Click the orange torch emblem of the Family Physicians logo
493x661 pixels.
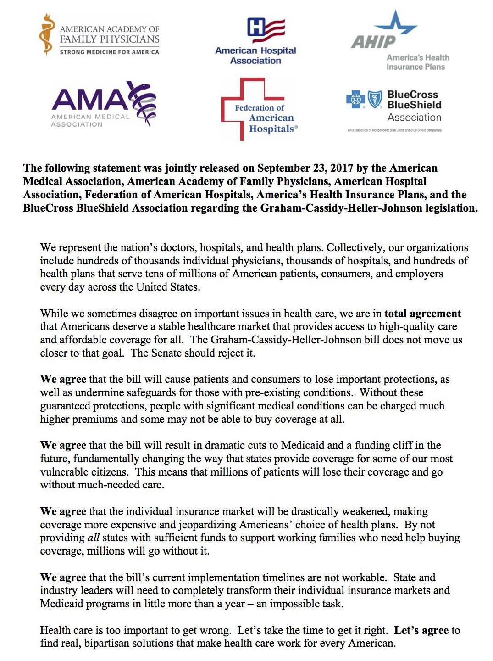46,34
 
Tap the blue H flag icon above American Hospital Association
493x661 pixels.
266,29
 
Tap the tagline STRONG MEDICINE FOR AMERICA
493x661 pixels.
109,52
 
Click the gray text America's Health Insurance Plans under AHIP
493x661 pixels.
417,62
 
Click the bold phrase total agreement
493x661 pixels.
422,314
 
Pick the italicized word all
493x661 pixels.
93,538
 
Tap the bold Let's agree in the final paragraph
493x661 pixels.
421,630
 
